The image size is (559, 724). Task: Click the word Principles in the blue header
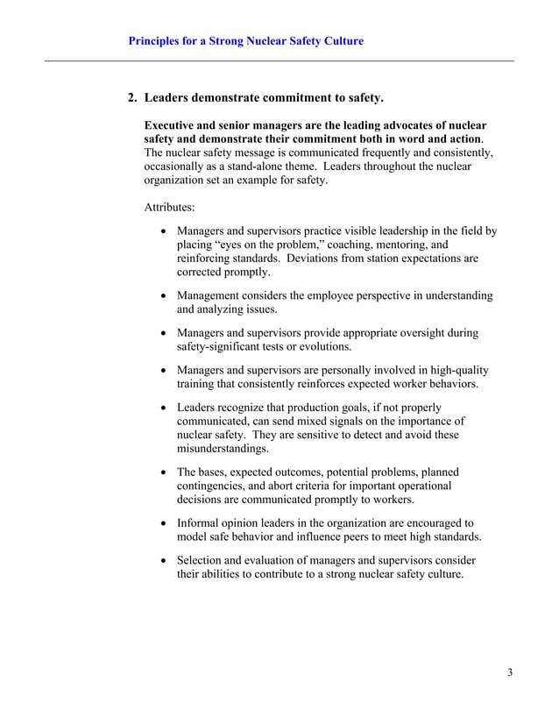157,41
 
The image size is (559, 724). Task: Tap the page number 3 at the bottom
509,672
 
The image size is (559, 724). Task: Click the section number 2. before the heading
134,96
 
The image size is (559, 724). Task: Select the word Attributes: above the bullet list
170,208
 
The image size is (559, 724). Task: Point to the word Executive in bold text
173,125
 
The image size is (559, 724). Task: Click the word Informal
200,522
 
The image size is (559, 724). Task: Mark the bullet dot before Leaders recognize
165,408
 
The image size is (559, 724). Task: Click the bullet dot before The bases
165,472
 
